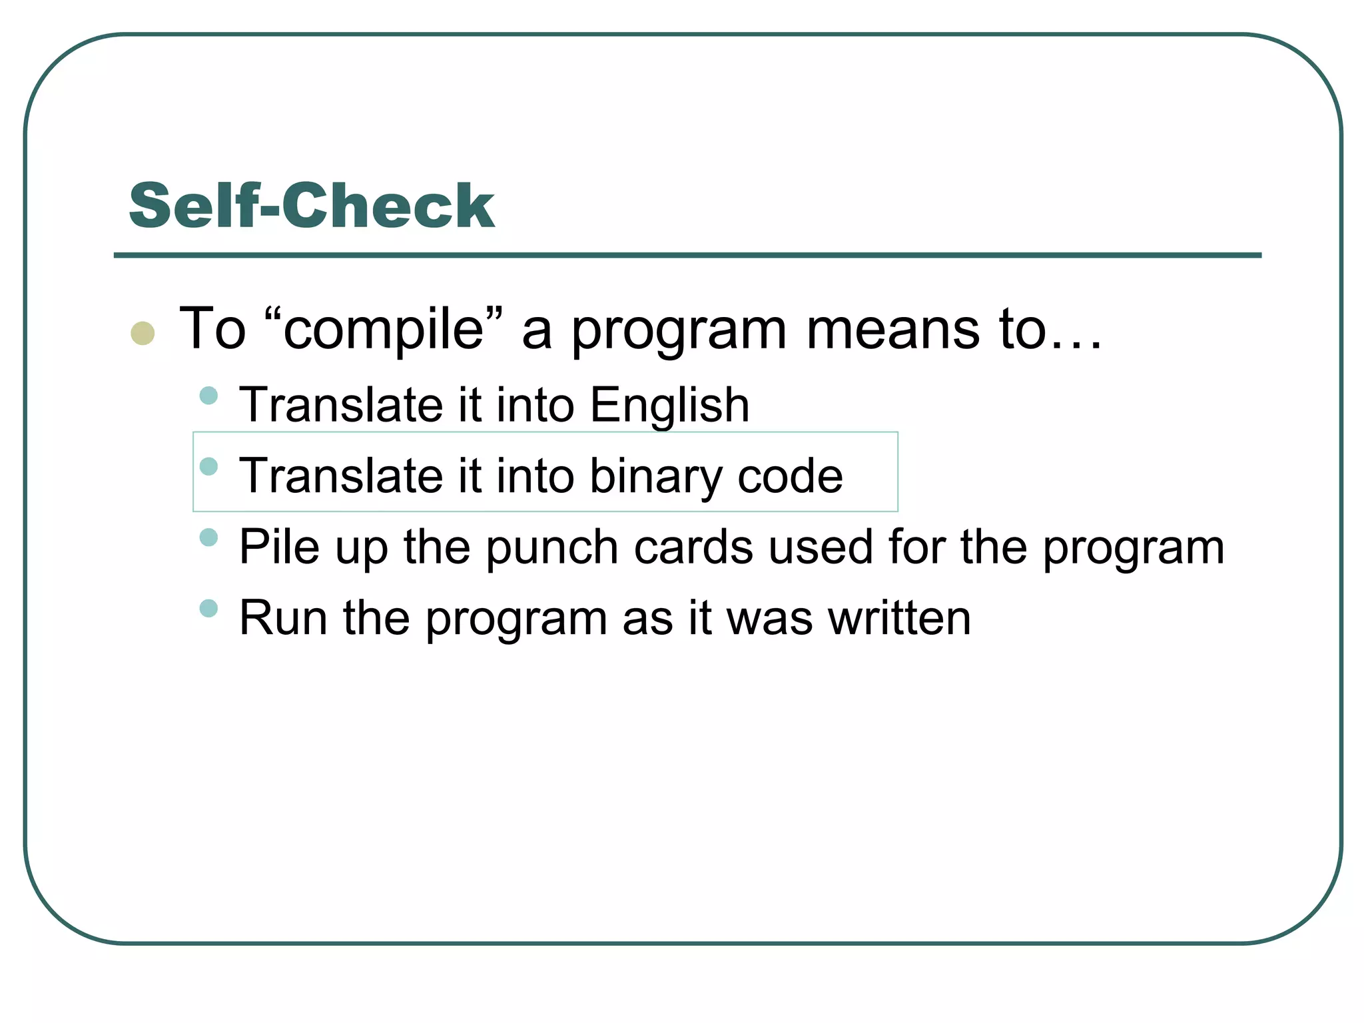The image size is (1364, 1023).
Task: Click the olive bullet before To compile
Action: coord(143,333)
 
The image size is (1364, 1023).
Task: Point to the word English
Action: coord(669,405)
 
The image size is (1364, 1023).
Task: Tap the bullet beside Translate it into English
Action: coord(208,396)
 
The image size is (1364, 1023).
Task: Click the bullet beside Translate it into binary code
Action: coord(208,466)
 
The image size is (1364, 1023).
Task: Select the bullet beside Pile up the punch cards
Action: coord(208,537)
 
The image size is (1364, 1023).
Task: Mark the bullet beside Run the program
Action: coord(208,608)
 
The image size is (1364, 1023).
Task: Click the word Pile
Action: coord(279,547)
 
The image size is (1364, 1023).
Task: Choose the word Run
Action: coord(282,618)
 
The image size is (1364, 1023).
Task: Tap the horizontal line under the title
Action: coord(687,255)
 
